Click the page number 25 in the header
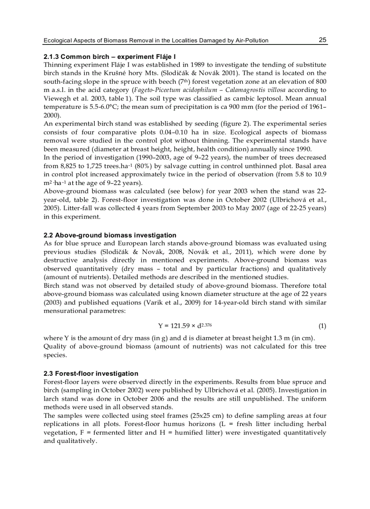pos(322,40)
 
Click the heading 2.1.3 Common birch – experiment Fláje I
pos(109,57)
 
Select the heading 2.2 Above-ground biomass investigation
pos(110,235)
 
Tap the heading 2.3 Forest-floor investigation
pos(91,373)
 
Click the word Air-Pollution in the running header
pos(249,41)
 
